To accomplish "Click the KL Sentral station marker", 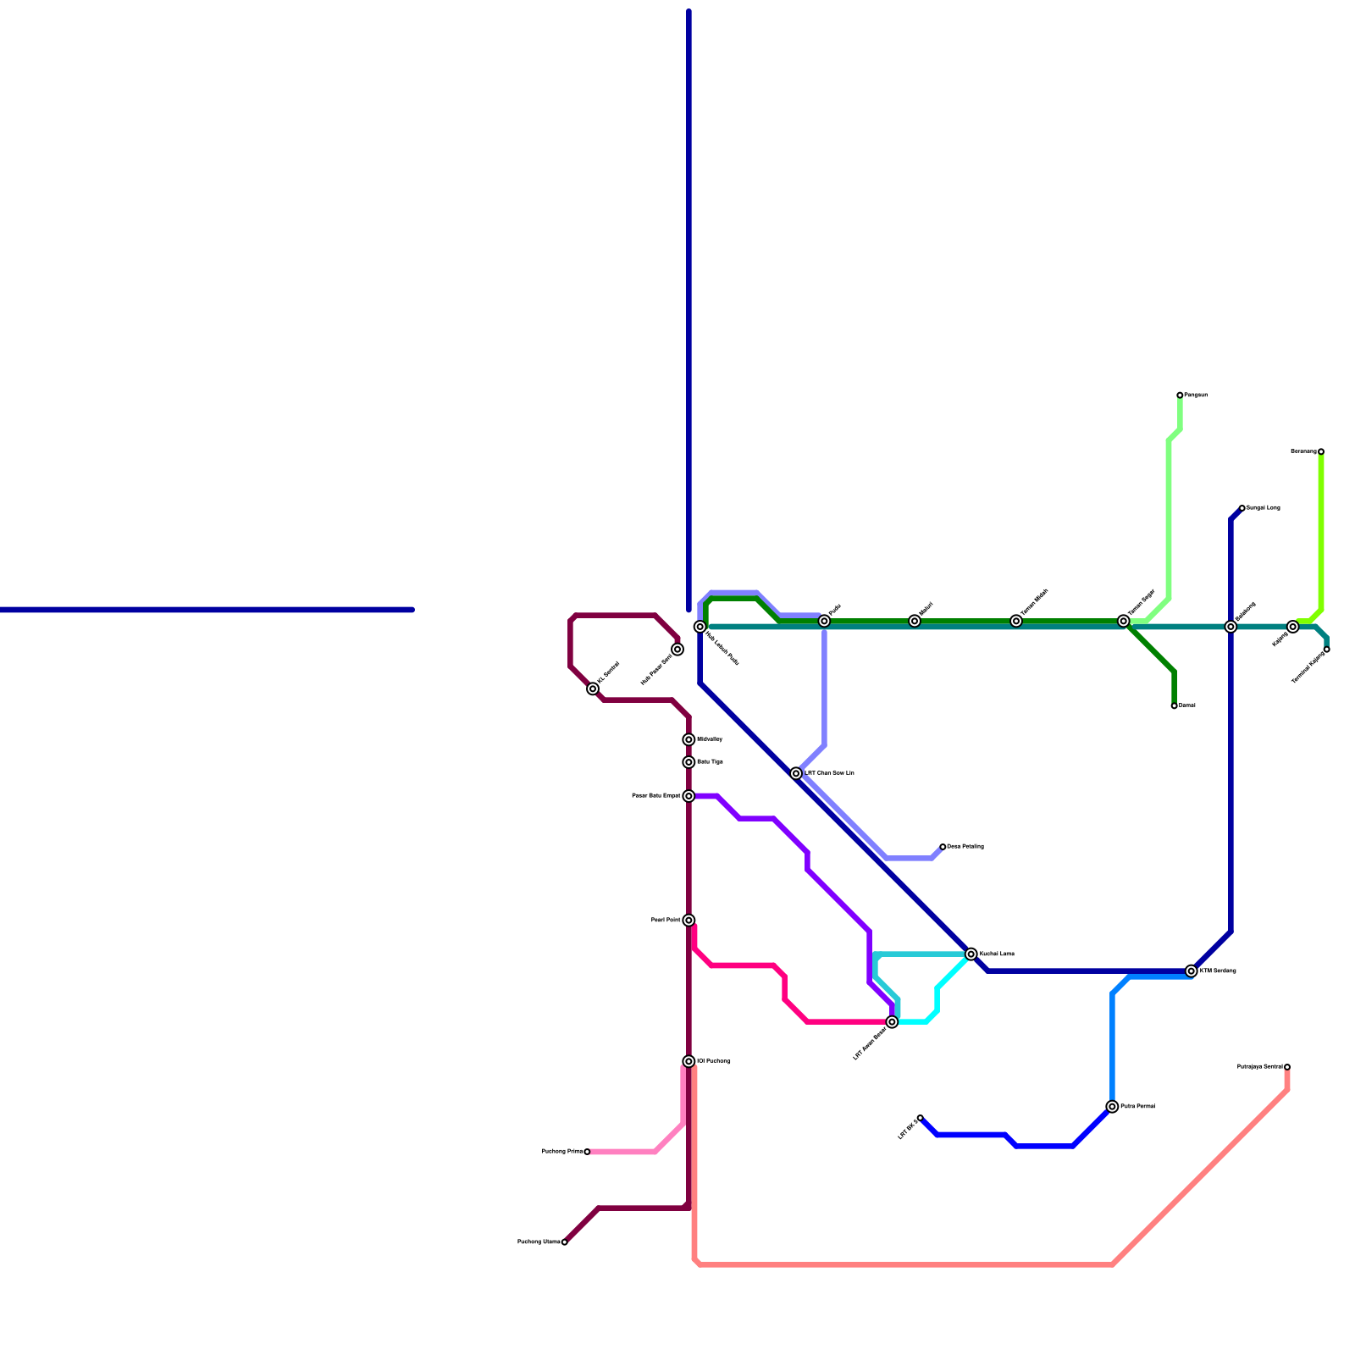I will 593,689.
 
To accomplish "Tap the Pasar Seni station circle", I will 677,650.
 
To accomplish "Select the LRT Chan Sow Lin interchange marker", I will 796,773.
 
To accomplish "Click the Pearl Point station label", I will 666,920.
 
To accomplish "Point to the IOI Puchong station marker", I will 689,1061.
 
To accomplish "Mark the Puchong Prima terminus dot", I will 587,1152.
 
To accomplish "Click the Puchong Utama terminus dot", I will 565,1242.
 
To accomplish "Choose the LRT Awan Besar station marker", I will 892,1022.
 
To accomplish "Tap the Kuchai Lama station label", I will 997,954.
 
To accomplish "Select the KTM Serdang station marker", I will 1192,971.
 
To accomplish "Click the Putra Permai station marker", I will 1112,1107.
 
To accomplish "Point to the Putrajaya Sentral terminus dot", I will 1287,1067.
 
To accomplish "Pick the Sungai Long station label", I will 1263,508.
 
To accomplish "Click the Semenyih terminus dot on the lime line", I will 1321,451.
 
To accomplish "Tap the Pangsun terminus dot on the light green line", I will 1180,395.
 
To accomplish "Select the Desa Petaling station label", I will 965,846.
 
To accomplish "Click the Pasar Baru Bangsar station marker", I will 689,796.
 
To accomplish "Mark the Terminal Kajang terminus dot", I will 1327,650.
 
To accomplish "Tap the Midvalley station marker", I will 689,739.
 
